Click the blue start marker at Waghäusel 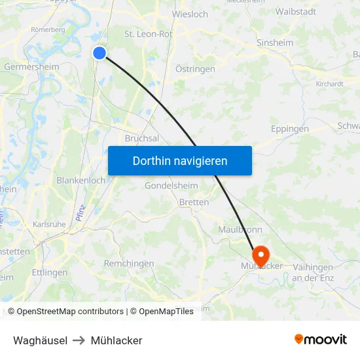99,53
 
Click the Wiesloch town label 190,14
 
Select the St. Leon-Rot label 148,34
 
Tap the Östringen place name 196,69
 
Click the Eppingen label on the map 289,129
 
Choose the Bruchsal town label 142,138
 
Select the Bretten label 194,202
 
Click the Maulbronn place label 240,230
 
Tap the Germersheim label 31,67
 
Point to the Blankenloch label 81,180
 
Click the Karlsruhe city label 49,224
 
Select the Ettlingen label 50,272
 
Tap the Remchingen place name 129,263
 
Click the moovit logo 320,340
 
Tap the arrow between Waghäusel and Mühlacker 79,340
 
